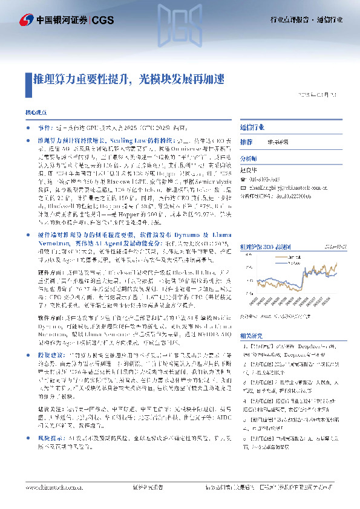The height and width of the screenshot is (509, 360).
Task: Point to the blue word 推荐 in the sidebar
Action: (x=246, y=141)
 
